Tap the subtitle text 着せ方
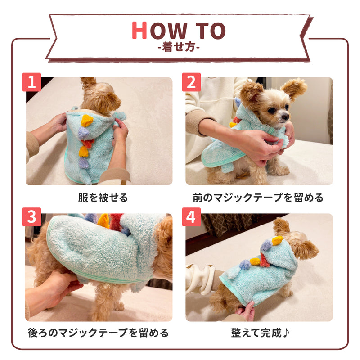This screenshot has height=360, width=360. point(180,47)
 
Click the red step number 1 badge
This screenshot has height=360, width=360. point(32,82)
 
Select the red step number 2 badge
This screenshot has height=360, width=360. point(191,82)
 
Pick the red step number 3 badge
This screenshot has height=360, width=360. point(32,217)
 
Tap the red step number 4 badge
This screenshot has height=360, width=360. point(191,217)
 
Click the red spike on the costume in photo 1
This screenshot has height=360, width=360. point(88,143)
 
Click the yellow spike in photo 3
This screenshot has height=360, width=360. point(103,220)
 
